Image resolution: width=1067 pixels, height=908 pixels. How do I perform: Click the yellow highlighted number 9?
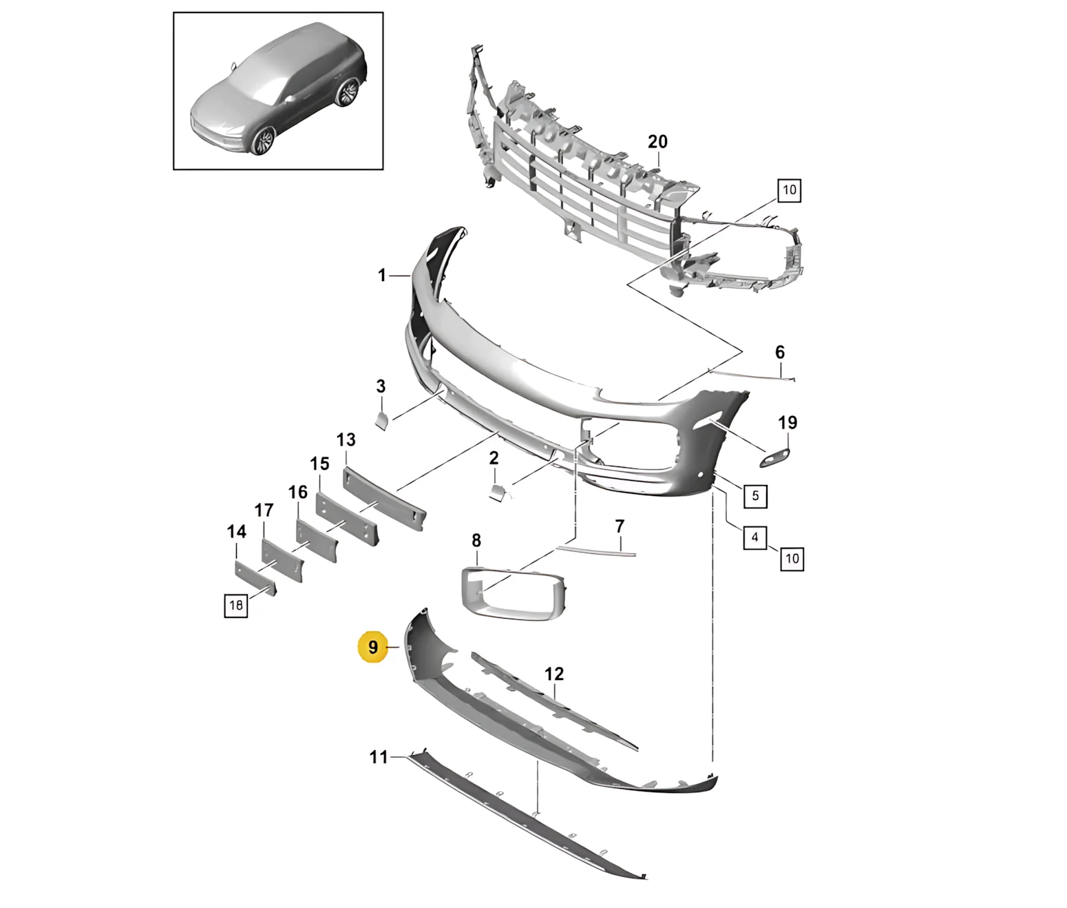[372, 647]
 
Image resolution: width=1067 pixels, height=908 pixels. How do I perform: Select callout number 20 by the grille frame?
[657, 141]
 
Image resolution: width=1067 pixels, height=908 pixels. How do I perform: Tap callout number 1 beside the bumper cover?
[382, 276]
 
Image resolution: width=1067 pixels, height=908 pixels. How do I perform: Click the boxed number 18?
[236, 605]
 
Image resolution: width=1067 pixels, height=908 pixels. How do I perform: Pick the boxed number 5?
[755, 496]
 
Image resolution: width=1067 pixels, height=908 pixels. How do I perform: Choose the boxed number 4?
[754, 537]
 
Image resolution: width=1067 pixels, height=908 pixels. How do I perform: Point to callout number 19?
[788, 423]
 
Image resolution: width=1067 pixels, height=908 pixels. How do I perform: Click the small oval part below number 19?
[775, 457]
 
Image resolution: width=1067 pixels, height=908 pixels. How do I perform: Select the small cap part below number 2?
[498, 492]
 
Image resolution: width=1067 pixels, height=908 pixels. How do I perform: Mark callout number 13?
[346, 440]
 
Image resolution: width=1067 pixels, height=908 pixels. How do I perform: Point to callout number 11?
[379, 757]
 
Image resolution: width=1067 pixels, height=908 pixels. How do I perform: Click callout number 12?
[554, 674]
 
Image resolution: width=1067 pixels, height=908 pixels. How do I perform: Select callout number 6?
[780, 352]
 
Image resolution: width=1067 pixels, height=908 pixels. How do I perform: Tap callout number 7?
[620, 526]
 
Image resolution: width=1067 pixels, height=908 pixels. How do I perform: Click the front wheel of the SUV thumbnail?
[264, 140]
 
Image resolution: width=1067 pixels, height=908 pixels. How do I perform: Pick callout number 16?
[298, 492]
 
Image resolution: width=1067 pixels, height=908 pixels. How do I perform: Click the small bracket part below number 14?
[255, 577]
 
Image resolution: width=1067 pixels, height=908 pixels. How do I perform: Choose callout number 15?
[319, 464]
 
